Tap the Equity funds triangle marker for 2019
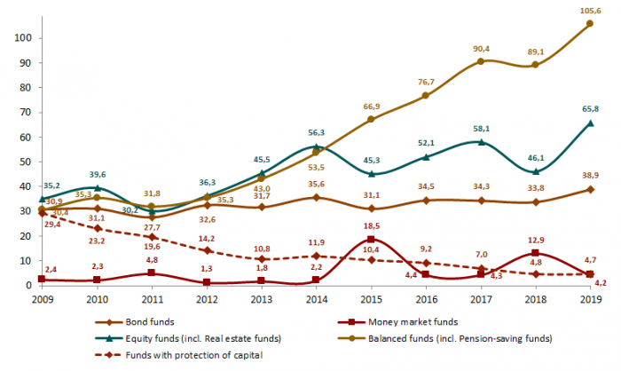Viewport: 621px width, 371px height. pos(591,122)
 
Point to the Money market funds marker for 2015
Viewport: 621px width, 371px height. pos(371,240)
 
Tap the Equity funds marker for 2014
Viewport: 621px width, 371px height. pos(315,146)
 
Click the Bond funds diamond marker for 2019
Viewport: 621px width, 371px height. pos(591,189)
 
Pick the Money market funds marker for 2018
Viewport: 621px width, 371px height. pos(536,253)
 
